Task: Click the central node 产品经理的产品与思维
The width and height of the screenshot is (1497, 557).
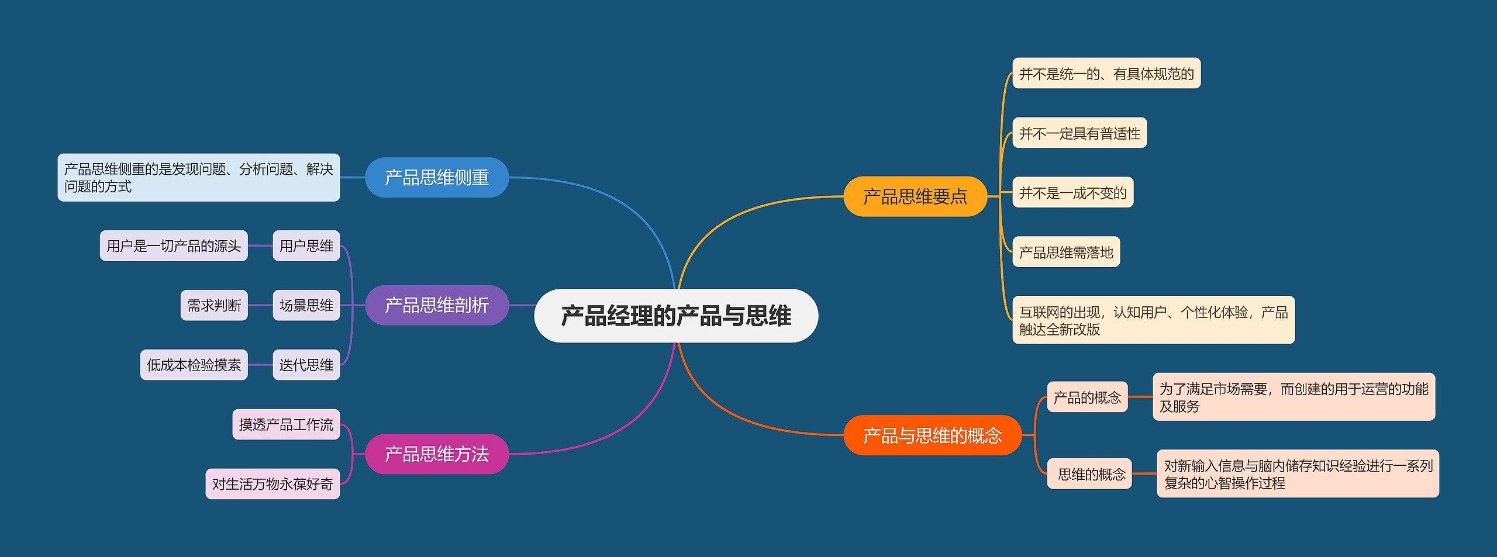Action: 676,316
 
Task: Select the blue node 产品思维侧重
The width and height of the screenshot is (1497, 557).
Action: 437,178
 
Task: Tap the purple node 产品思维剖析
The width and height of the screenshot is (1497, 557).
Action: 437,305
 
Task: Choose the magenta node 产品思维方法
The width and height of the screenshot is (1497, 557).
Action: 437,454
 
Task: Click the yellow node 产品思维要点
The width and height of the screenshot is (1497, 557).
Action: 915,196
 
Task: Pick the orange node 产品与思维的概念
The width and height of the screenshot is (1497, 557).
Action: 932,435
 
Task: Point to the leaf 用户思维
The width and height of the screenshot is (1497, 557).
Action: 306,246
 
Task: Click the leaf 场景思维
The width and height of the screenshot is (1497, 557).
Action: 306,306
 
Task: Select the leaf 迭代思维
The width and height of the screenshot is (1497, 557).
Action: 306,365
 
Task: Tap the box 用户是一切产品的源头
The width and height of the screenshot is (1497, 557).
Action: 174,246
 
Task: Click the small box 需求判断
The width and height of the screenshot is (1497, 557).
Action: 214,306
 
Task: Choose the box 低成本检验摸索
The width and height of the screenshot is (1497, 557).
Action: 194,365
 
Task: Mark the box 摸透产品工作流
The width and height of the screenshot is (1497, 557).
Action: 286,425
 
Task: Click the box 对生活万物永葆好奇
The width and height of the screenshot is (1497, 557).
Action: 273,484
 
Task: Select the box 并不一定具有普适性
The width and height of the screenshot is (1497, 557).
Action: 1079,133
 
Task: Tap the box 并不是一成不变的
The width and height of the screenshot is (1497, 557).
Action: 1072,193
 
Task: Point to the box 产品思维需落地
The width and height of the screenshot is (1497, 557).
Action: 1066,252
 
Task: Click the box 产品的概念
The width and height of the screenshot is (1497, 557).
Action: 1087,397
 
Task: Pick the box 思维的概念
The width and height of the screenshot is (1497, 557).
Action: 1091,474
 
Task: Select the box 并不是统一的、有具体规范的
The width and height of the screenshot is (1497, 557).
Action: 1106,74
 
